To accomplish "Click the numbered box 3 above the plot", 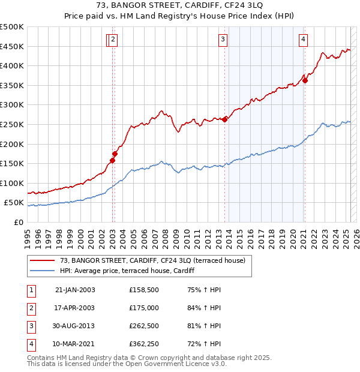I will click(223, 40).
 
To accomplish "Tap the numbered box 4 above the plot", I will click(304, 40).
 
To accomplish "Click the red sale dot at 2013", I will click(225, 119).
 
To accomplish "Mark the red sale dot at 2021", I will click(305, 80).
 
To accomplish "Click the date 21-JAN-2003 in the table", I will click(75, 290).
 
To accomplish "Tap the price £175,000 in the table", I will click(144, 308).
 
